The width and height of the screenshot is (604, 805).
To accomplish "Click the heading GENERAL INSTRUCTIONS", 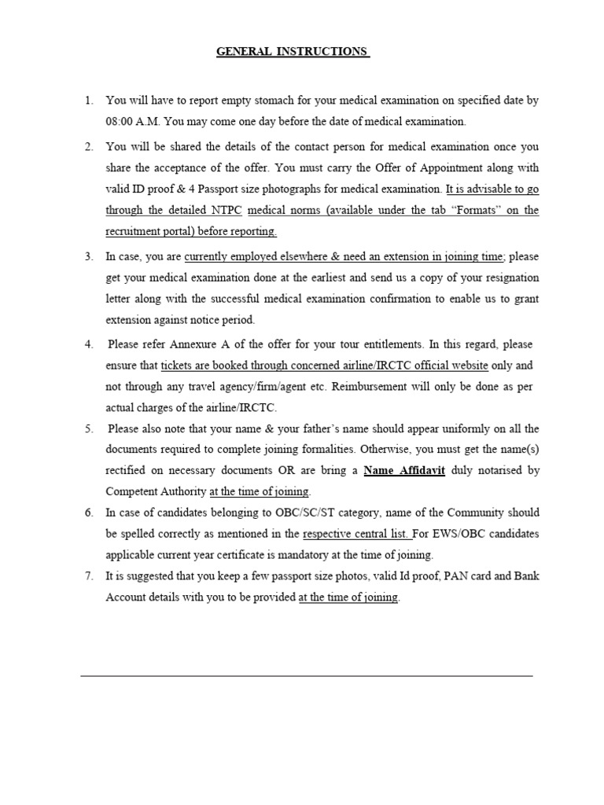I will [x=293, y=52].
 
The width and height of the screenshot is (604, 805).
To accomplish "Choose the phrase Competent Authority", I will [x=156, y=492].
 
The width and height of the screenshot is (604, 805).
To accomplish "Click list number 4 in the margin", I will [x=89, y=344].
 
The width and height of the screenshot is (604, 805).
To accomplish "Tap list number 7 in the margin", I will [x=89, y=576].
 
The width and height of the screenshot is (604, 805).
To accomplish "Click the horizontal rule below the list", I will [x=307, y=675].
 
